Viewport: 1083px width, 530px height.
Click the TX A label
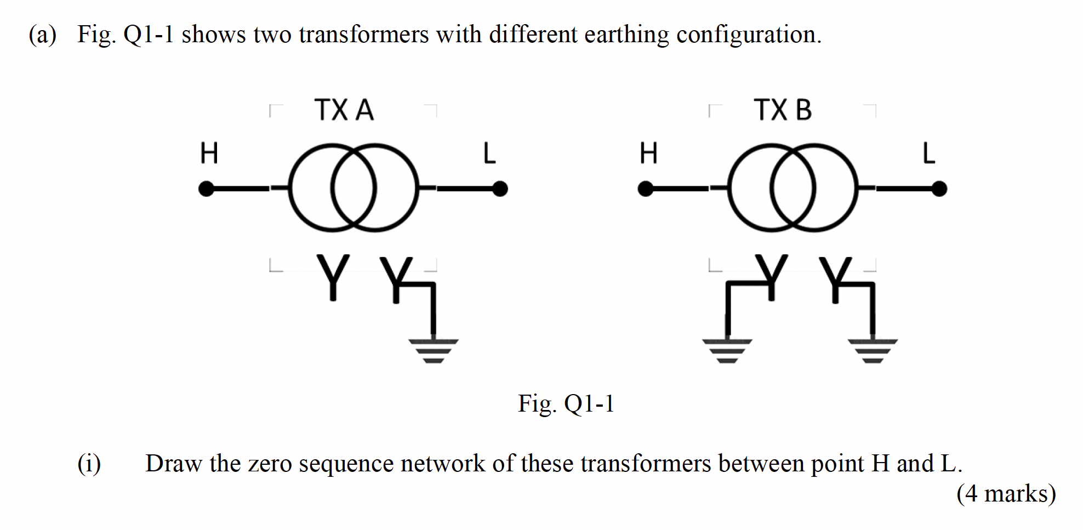pos(344,110)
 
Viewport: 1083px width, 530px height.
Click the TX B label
pos(782,110)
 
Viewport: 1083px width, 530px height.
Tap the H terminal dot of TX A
pos(206,189)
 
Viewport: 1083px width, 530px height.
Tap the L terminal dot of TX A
pos(500,189)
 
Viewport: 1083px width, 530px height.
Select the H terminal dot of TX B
pos(646,189)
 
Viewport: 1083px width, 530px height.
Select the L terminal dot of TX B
pos(939,189)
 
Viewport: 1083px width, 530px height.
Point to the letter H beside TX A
pos(209,153)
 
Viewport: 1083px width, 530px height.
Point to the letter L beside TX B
pos(928,153)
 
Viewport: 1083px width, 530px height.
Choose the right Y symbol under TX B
pos(835,278)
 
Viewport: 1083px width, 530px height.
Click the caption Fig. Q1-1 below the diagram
pos(566,404)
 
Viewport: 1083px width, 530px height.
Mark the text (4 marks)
pos(1006,493)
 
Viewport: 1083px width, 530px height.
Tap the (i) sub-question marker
pos(89,464)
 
